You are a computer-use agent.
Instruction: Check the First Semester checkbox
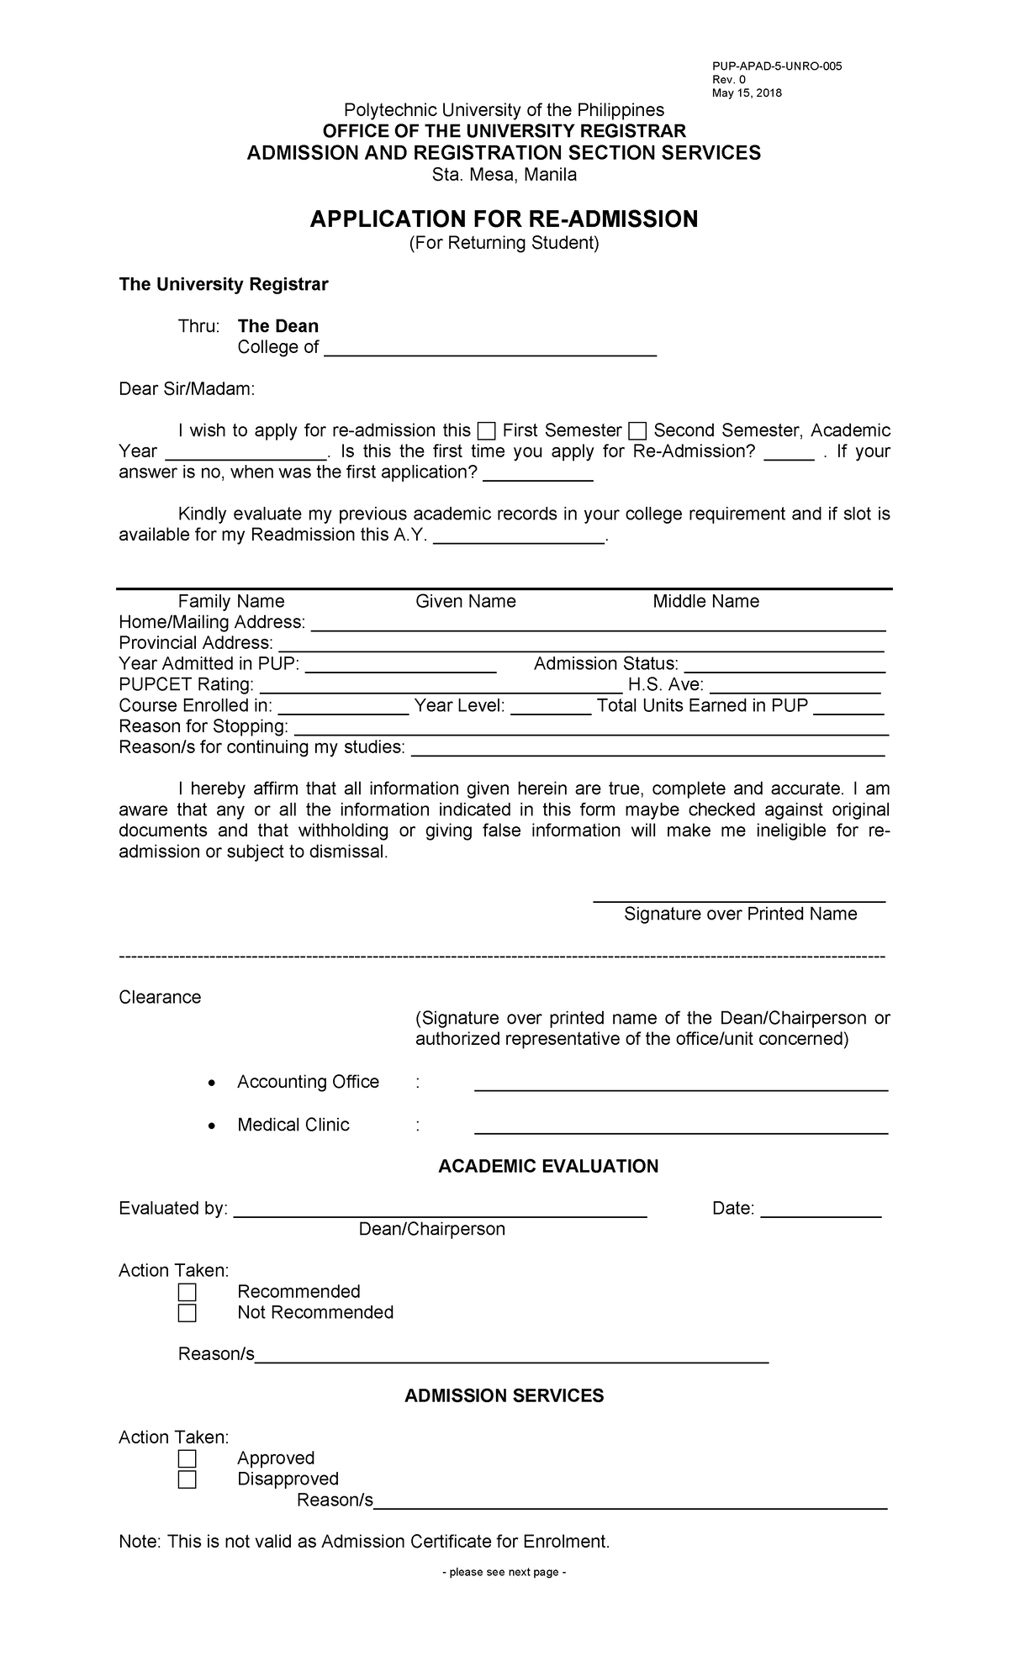pos(486,431)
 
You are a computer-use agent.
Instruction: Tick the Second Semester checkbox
pos(637,431)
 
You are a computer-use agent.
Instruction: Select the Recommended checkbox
pos(187,1291)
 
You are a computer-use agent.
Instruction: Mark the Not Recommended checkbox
pos(187,1312)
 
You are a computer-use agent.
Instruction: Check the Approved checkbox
pos(187,1458)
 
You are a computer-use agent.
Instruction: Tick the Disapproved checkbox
pos(187,1479)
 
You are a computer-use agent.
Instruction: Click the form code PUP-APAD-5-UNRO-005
pos(777,66)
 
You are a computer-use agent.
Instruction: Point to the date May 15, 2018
pos(747,93)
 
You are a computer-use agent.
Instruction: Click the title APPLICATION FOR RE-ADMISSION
pos(504,219)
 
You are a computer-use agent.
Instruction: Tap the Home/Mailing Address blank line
pos(598,624)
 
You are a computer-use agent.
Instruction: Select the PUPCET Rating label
pos(186,684)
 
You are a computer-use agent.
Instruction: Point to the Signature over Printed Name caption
pos(740,914)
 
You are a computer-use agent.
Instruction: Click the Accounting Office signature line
pos(681,1084)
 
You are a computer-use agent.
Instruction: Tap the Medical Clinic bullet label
pos(293,1125)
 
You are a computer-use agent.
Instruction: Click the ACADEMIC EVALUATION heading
pos(548,1166)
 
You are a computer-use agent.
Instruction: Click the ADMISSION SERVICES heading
pos(504,1395)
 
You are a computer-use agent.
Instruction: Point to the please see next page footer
pos(504,1572)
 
